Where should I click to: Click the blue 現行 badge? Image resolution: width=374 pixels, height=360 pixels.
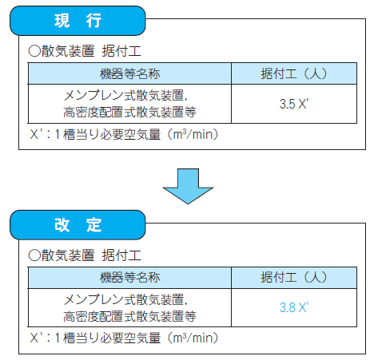tap(78, 21)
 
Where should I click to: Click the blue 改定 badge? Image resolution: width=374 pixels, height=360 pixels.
tap(78, 225)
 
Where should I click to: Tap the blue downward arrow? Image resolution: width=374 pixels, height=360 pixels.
tap(188, 186)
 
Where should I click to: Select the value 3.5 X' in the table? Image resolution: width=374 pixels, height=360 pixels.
tap(294, 104)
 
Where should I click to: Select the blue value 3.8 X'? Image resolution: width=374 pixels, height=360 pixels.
tap(294, 307)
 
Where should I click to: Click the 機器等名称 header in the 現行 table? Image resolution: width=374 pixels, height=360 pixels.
tap(129, 73)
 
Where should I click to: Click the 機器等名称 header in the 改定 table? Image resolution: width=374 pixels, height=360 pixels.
tap(129, 278)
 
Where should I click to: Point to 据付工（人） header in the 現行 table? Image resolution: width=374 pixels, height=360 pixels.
tap(294, 73)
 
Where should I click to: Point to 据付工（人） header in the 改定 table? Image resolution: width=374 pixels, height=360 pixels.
tap(294, 278)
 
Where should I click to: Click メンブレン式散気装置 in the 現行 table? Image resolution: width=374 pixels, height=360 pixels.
tap(124, 95)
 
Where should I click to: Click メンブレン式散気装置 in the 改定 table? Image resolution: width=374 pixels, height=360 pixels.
tap(124, 299)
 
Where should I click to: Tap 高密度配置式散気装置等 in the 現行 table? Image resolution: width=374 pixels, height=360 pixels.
tap(129, 112)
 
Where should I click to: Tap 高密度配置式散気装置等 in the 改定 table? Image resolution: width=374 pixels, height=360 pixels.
tap(129, 316)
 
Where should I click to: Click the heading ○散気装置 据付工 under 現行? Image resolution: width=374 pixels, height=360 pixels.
tap(85, 51)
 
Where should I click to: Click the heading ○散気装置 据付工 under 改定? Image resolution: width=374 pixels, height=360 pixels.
tap(85, 255)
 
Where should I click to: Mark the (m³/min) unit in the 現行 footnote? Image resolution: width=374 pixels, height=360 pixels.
tap(193, 134)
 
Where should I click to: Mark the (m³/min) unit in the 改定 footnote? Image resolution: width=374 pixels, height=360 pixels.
tap(193, 338)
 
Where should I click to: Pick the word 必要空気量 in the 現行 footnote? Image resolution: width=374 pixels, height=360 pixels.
tap(130, 134)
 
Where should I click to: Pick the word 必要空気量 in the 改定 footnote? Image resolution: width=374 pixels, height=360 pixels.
tap(130, 338)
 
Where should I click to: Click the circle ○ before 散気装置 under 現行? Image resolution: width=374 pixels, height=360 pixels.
tap(34, 51)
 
